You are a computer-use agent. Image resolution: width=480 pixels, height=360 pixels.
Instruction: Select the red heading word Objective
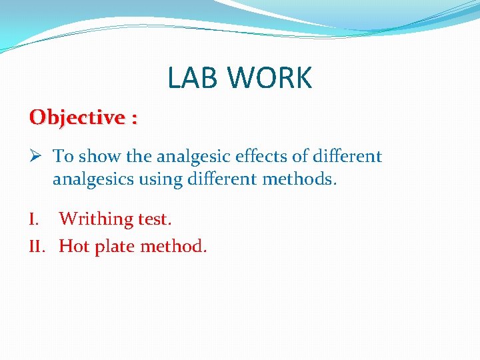(77, 118)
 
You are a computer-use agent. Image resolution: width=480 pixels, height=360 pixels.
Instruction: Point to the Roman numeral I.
(34, 219)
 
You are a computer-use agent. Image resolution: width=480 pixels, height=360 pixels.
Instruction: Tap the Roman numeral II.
(37, 247)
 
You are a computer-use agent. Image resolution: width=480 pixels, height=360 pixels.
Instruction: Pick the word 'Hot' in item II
(73, 247)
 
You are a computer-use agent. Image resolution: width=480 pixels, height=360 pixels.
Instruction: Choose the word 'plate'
(114, 247)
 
